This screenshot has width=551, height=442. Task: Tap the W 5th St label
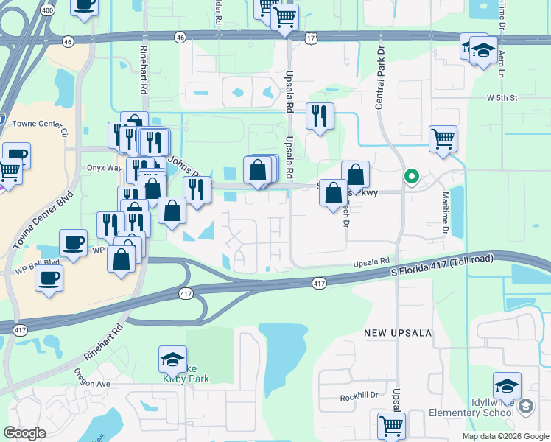pos(502,97)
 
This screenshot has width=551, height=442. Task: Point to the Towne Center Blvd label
pos(34,220)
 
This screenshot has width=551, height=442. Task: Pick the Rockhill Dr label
pos(359,397)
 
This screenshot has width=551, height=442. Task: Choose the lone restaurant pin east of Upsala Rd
pos(320,116)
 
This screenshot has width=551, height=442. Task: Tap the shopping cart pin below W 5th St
pos(443,138)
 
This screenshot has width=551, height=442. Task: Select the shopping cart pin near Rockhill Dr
pos(391,426)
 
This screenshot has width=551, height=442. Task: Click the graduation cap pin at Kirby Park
pos(172,359)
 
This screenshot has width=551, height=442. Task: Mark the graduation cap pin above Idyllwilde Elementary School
pos(507,385)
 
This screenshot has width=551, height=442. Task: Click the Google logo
pos(24,433)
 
